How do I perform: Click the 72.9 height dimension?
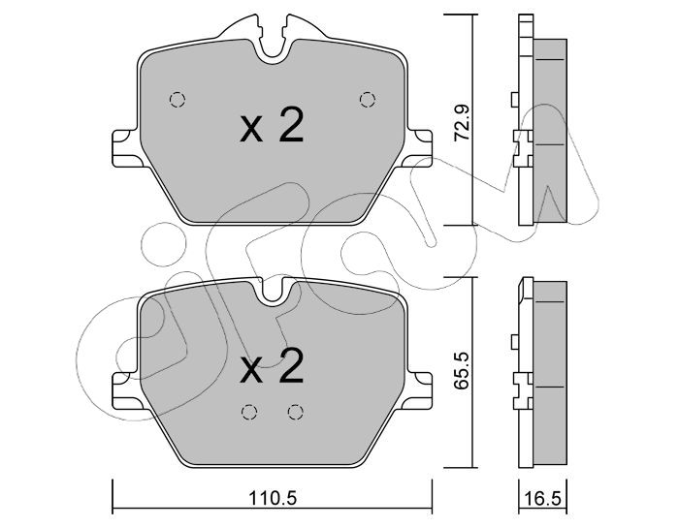pyautogui.click(x=461, y=124)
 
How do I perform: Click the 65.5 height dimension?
pyautogui.click(x=461, y=371)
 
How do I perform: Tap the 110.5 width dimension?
pyautogui.click(x=273, y=498)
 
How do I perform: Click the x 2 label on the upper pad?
pyautogui.click(x=272, y=126)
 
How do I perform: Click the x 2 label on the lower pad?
pyautogui.click(x=272, y=366)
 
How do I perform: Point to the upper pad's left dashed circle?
pyautogui.click(x=178, y=100)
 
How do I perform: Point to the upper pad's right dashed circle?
pyautogui.click(x=368, y=100)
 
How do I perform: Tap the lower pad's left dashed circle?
pyautogui.click(x=248, y=412)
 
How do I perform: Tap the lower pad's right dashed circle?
pyautogui.click(x=295, y=412)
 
